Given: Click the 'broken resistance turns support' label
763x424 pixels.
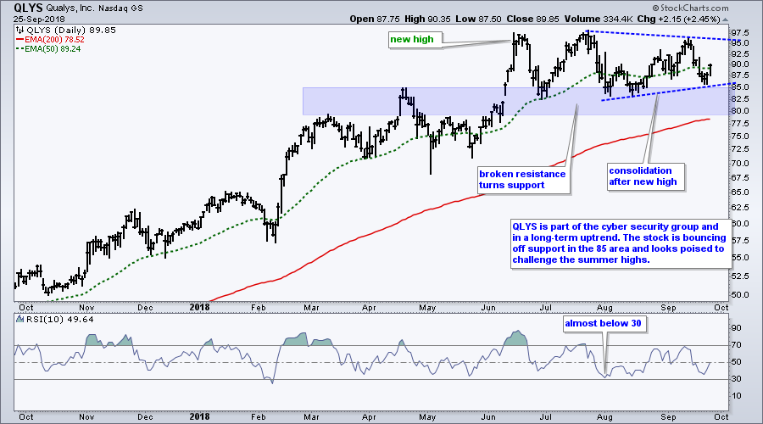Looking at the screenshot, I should [x=522, y=179].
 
